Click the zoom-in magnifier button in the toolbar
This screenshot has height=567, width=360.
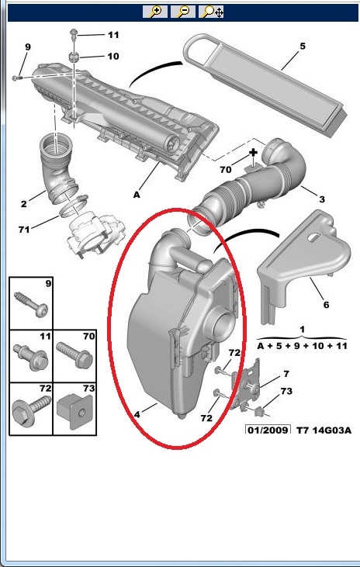pyautogui.click(x=155, y=12)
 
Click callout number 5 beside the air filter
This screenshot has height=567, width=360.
pyautogui.click(x=303, y=47)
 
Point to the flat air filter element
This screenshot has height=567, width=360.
pyautogui.click(x=266, y=85)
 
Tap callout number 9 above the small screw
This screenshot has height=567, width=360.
pyautogui.click(x=28, y=47)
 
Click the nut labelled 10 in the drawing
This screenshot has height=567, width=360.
pyautogui.click(x=74, y=57)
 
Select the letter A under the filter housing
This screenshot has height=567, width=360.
pyautogui.click(x=137, y=195)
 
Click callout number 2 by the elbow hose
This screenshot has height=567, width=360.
pyautogui.click(x=24, y=204)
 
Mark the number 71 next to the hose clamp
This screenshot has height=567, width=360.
pyautogui.click(x=24, y=230)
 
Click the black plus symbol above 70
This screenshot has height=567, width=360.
pyautogui.click(x=253, y=152)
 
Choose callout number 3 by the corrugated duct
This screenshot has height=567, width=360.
pyautogui.click(x=322, y=199)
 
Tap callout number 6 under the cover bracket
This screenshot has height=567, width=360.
pyautogui.click(x=326, y=305)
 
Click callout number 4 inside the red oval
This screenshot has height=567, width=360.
pyautogui.click(x=137, y=415)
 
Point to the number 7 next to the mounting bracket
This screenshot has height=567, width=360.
pyautogui.click(x=286, y=374)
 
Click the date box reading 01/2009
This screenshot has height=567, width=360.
pyautogui.click(x=268, y=430)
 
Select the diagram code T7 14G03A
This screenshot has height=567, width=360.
pyautogui.click(x=324, y=430)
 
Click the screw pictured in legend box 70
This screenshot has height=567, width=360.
pyautogui.click(x=74, y=355)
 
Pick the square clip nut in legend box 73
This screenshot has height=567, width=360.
pyautogui.click(x=75, y=412)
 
